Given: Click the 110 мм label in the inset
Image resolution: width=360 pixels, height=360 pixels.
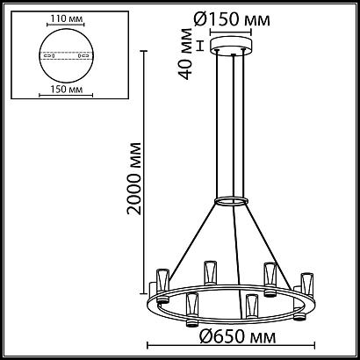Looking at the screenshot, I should click(x=59, y=17).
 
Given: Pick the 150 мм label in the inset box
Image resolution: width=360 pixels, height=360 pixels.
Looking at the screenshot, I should click(x=59, y=88).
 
